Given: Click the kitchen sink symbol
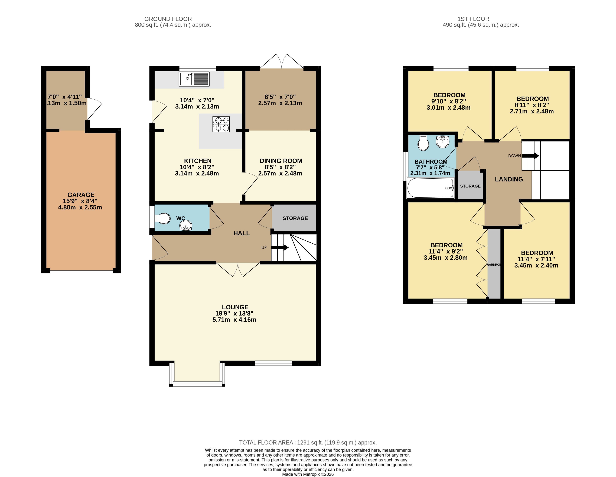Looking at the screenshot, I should coord(194,79).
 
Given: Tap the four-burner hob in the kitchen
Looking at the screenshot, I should coord(221,124).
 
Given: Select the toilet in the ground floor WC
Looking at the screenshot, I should coord(163,219).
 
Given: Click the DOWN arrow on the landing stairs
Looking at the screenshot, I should coord(530,156).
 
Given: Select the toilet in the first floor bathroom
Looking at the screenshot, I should coord(423,143).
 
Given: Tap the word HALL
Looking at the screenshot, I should coord(242,233).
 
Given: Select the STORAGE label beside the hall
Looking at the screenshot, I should coord(295,218).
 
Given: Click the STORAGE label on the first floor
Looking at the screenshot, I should coord(470,186).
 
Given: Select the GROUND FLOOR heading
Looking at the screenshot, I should coord(168,19).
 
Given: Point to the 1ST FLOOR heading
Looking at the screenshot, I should coord(473,19).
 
